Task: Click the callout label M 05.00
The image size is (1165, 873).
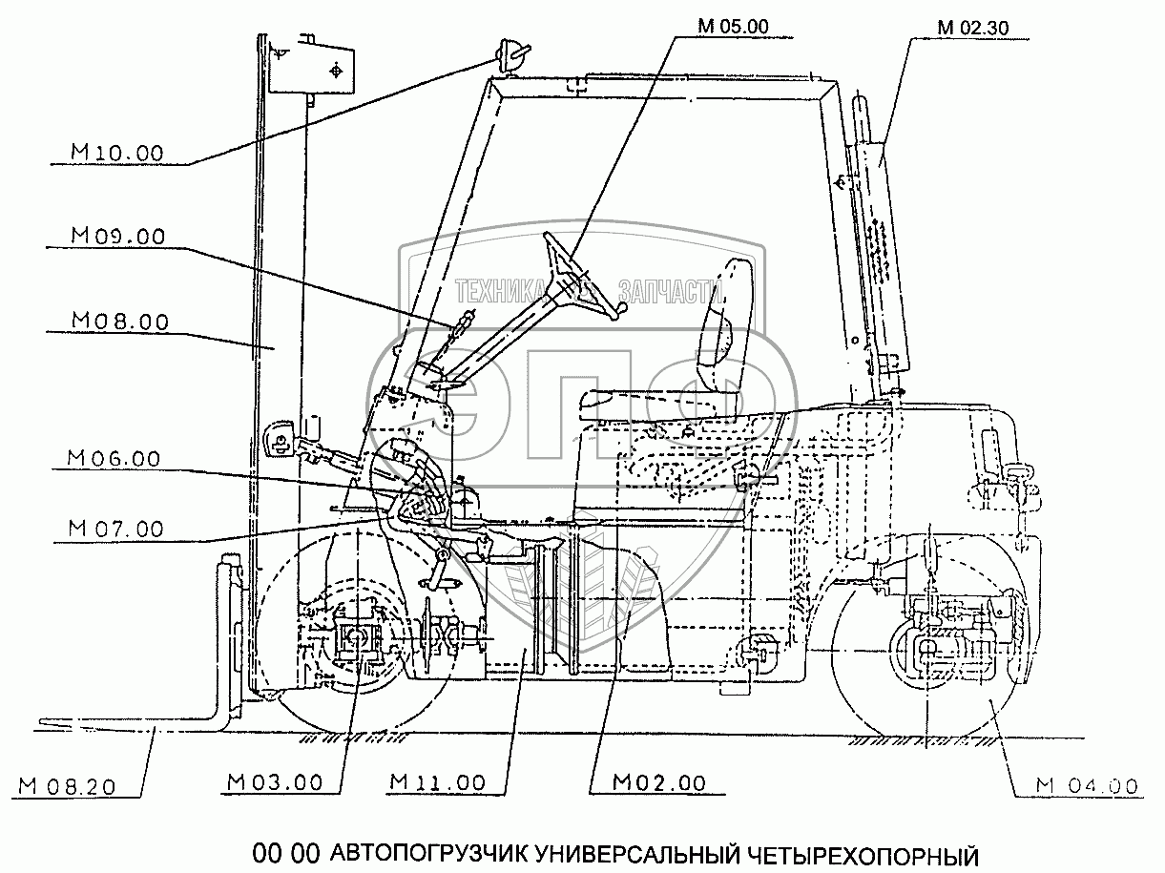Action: tap(733, 27)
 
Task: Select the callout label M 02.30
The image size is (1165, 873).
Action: tap(973, 28)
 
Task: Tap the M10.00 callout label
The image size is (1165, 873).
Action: tap(117, 154)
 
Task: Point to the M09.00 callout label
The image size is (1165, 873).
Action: tap(118, 237)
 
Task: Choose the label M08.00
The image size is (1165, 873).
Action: tap(120, 322)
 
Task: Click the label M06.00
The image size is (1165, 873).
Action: tap(114, 459)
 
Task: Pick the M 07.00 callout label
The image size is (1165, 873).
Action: tap(115, 530)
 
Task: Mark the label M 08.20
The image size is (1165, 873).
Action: tap(67, 786)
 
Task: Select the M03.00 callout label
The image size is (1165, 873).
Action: tap(275, 782)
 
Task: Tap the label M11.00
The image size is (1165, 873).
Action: tap(438, 782)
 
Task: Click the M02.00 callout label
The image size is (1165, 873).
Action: tap(659, 782)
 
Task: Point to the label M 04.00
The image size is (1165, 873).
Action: tap(1087, 786)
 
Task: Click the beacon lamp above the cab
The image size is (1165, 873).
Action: tap(510, 57)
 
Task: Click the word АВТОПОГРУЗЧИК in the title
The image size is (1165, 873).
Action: tap(429, 855)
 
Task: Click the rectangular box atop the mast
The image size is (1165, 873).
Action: tap(312, 70)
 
